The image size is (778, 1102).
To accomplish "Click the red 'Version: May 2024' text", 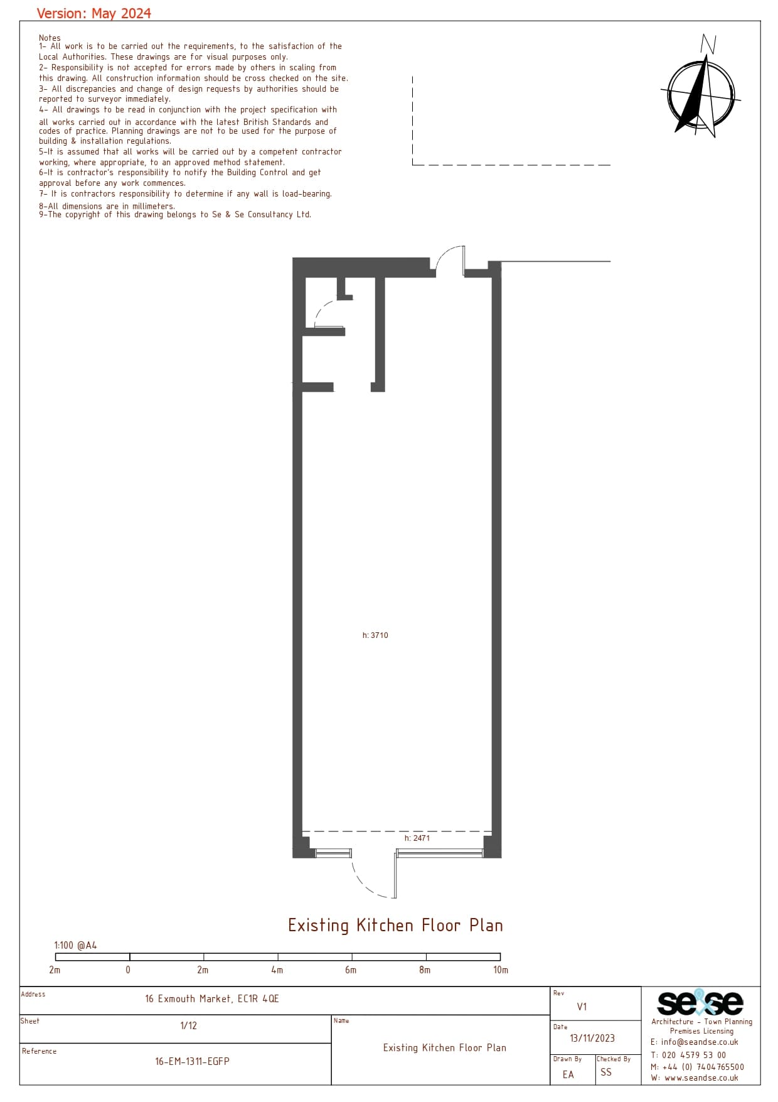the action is point(94,13).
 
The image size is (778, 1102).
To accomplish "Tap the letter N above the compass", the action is point(708,44).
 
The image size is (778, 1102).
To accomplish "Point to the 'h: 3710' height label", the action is point(375,635).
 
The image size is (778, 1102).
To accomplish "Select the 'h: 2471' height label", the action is point(417,838).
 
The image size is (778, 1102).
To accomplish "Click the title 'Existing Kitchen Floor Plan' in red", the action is point(395,925).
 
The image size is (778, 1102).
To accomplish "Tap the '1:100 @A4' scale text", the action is point(75,945).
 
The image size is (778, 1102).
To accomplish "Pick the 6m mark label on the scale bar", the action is point(351,970).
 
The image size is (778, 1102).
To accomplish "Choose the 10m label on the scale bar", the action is point(501,970).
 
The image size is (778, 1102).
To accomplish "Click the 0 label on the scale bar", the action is point(128,970).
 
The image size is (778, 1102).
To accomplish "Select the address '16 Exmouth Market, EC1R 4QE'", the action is point(212,999).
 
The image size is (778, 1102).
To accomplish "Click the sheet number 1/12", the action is point(189,1026).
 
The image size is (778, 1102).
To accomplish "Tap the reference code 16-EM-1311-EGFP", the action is point(193,1061).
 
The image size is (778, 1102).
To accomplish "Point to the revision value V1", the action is point(582,1007).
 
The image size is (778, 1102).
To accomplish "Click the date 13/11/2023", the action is point(592,1039).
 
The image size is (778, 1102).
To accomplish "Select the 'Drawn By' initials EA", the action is point(568,1074).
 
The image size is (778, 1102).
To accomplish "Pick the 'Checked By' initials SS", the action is point(606,1072).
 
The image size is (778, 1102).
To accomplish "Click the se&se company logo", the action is point(700,1003).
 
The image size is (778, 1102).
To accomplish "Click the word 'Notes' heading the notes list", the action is point(50,38).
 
